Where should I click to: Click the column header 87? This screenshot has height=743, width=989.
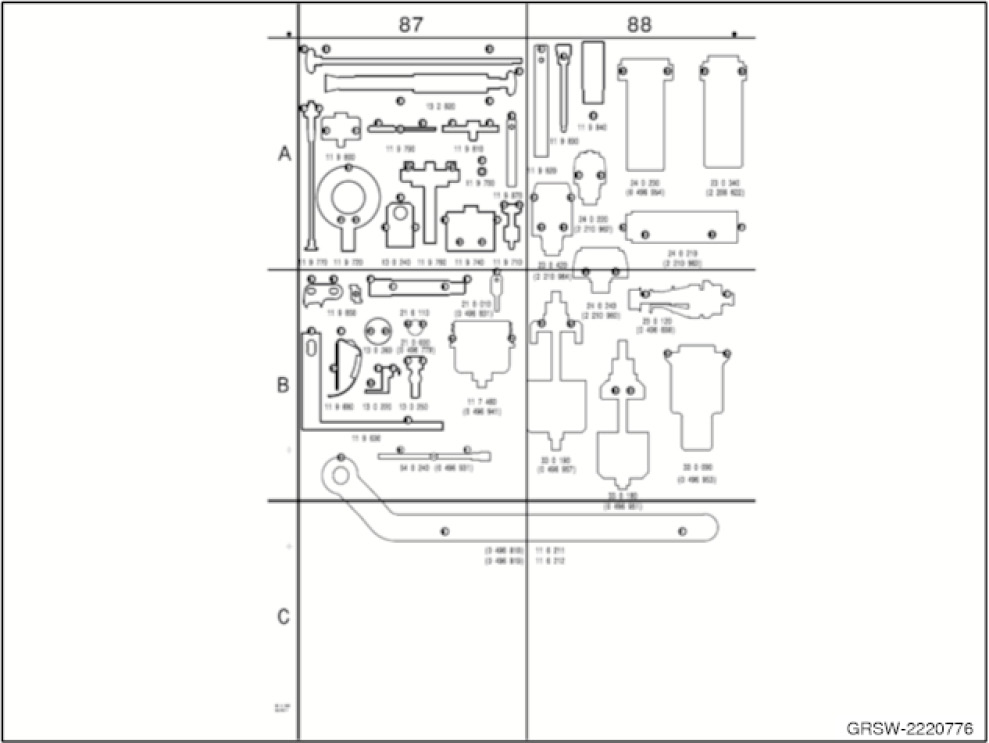(410, 25)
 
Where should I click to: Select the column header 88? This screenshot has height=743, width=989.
(639, 25)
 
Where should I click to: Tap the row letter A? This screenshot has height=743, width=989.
(283, 154)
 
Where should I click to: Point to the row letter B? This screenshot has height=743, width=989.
(283, 384)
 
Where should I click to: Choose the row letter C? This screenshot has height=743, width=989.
(283, 617)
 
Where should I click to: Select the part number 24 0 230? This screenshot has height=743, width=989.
(645, 184)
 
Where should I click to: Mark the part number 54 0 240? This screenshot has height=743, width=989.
(414, 467)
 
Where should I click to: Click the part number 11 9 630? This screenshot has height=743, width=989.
(366, 438)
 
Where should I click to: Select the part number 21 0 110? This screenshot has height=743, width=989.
(414, 313)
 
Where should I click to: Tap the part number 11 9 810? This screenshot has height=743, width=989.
(468, 148)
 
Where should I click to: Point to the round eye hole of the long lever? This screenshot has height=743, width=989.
(340, 473)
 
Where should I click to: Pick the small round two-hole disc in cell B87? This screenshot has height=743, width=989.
(377, 331)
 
